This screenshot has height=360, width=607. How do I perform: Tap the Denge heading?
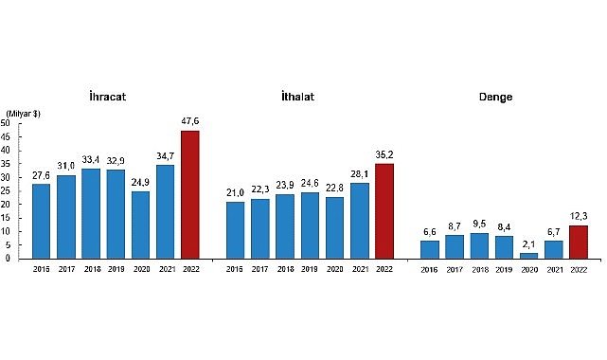(496, 98)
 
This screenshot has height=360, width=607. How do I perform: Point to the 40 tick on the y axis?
(5, 151)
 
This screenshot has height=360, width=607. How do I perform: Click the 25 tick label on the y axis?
(5, 190)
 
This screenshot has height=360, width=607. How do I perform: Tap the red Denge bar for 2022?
(578, 242)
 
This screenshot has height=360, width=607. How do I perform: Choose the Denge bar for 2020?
(528, 255)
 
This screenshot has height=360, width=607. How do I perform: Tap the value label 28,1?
(359, 174)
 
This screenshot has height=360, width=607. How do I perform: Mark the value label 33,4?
(91, 160)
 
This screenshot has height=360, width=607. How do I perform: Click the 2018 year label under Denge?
(479, 269)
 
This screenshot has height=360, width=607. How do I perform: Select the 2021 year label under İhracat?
(166, 269)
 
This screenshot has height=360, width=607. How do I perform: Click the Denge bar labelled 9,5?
(479, 245)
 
